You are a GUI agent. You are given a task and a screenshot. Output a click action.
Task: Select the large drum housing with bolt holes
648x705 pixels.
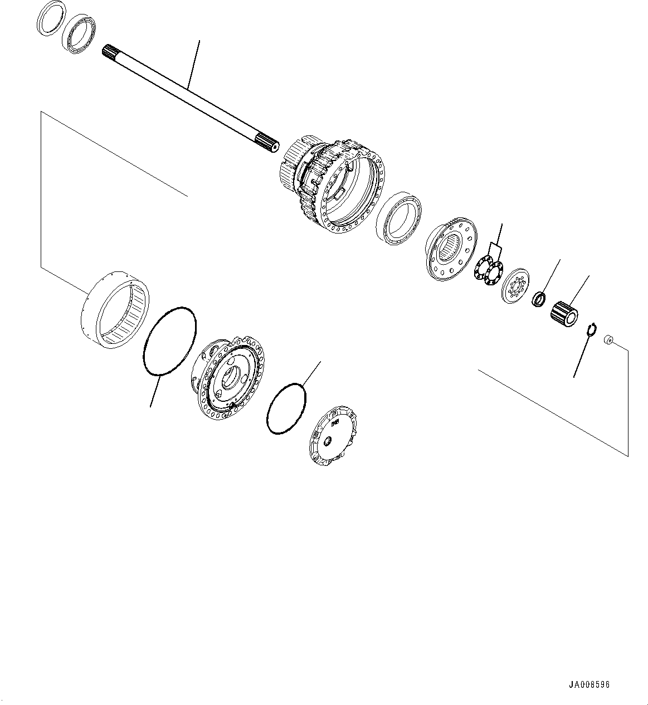point(334,187)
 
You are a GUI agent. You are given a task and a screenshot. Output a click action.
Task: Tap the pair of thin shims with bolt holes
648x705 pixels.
point(489,270)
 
